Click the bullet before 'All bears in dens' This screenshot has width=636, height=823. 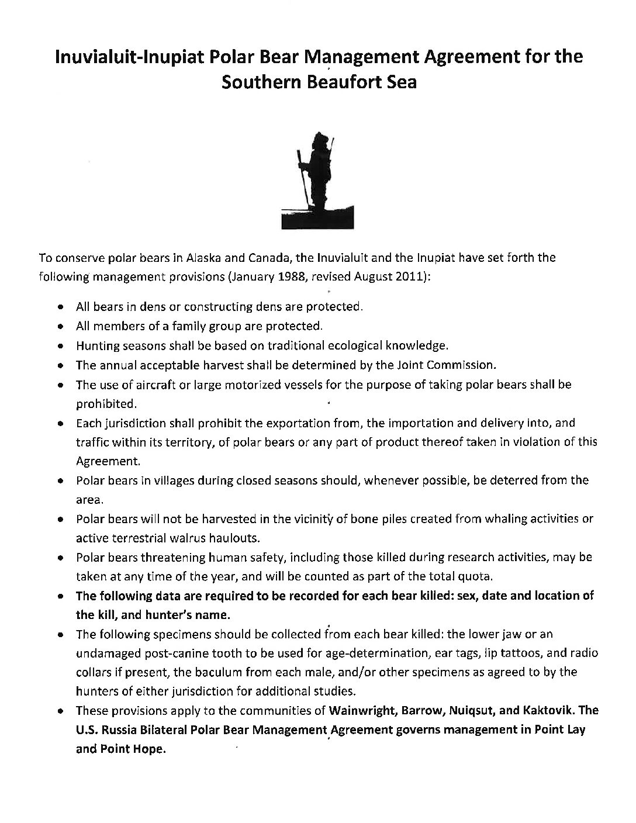pos(61,307)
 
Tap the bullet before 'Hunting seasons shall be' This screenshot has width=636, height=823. pos(61,346)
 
